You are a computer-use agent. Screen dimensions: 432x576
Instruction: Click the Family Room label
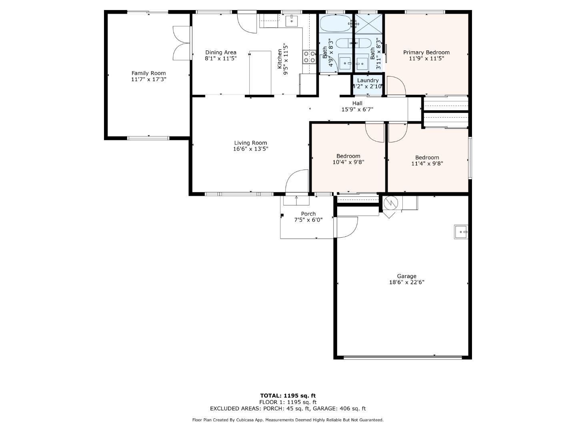pyautogui.click(x=148, y=73)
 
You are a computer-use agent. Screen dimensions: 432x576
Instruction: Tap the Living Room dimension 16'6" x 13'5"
pyautogui.click(x=250, y=149)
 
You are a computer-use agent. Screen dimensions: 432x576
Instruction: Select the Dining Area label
pyautogui.click(x=220, y=52)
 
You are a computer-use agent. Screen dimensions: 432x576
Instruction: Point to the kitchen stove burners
pyautogui.click(x=308, y=56)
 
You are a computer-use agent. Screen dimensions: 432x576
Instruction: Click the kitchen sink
pyautogui.click(x=292, y=20)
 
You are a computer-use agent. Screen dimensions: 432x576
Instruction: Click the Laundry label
pyautogui.click(x=368, y=80)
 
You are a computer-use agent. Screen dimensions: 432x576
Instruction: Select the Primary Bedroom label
pyautogui.click(x=426, y=52)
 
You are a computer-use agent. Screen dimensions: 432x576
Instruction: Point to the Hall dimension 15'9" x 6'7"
pyautogui.click(x=357, y=109)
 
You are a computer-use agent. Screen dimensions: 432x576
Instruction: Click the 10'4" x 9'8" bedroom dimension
pyautogui.click(x=348, y=162)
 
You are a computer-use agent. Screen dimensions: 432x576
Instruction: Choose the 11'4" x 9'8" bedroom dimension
pyautogui.click(x=427, y=163)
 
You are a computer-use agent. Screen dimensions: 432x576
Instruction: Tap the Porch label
pyautogui.click(x=308, y=214)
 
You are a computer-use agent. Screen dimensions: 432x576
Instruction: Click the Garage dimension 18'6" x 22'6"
pyautogui.click(x=406, y=282)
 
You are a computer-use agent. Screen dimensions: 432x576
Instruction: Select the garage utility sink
pyautogui.click(x=461, y=232)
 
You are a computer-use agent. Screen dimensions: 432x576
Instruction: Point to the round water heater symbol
pyautogui.click(x=390, y=203)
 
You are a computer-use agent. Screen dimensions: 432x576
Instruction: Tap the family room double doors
pyautogui.click(x=181, y=43)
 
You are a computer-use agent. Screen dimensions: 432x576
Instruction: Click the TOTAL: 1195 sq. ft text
pyautogui.click(x=288, y=396)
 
